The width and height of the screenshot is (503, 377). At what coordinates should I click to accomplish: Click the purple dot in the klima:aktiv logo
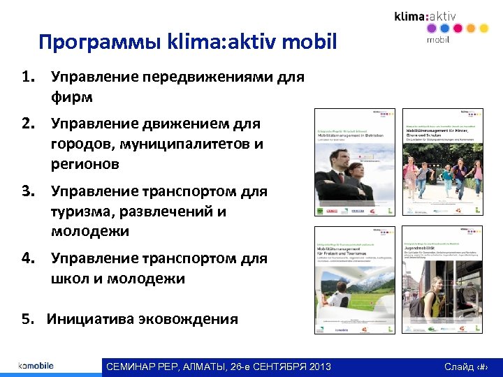(x=431, y=29)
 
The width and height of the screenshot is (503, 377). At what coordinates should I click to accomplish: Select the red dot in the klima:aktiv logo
(x=457, y=29)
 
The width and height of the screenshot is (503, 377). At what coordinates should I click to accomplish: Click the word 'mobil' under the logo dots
(x=438, y=40)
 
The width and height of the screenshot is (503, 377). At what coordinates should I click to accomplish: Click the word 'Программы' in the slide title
(x=100, y=43)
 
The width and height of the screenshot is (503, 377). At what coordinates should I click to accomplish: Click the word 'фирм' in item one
(x=72, y=96)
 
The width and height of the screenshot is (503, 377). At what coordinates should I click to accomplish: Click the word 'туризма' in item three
(x=80, y=211)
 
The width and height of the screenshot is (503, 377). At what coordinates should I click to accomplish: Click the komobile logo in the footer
(x=36, y=366)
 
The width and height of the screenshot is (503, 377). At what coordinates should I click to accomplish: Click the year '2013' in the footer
(x=317, y=367)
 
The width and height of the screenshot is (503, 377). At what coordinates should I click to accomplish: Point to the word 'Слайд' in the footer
(x=458, y=367)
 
